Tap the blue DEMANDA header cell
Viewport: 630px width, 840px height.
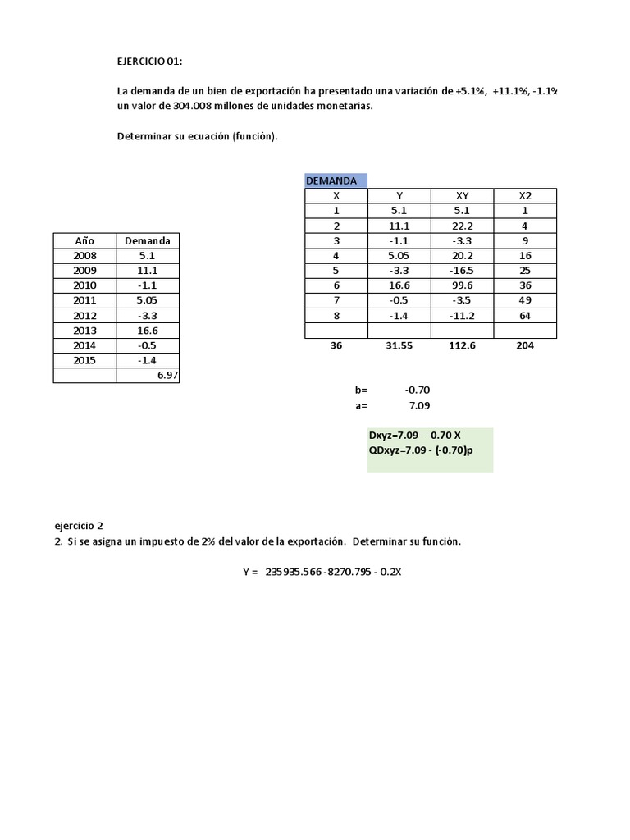336,180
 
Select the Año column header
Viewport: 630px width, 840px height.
84,241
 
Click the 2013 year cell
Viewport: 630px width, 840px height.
84,331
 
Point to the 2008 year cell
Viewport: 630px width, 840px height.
84,256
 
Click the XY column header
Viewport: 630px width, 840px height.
461,196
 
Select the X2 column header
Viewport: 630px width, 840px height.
524,196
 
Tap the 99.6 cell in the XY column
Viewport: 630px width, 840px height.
461,285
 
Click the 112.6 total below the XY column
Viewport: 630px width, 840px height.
461,346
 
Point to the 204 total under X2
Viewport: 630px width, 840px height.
524,346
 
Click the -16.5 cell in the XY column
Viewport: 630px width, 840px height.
461,271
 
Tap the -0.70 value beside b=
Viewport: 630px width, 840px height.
418,390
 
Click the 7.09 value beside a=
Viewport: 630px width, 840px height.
418,405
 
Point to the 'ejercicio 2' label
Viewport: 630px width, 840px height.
79,526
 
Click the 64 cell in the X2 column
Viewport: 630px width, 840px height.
524,316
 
